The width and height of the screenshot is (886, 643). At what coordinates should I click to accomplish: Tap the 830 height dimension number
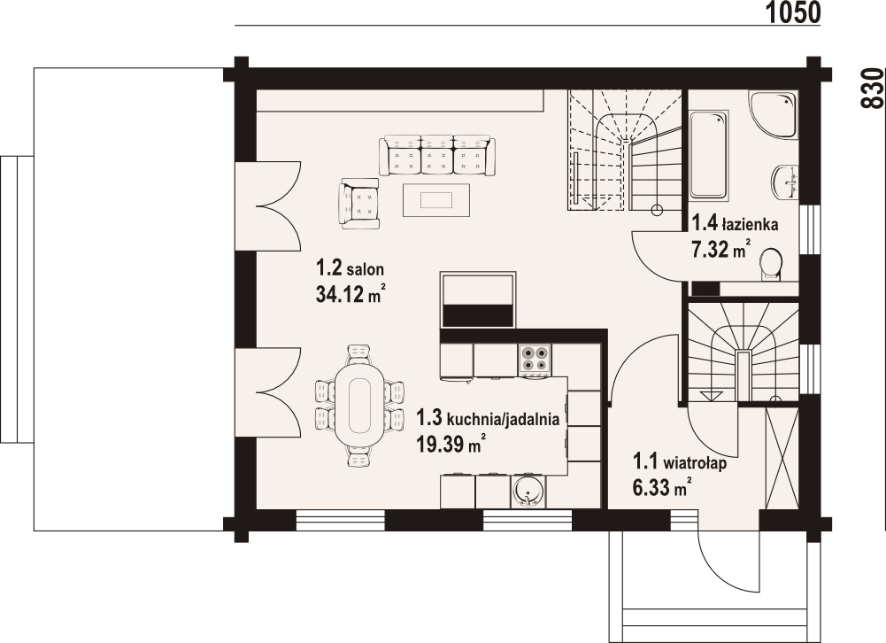tap(874, 88)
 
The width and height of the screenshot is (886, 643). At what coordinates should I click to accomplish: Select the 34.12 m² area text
tap(351, 296)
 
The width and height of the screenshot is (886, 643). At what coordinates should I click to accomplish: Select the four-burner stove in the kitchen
tap(535, 358)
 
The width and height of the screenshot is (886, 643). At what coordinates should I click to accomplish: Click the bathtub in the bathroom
tap(709, 154)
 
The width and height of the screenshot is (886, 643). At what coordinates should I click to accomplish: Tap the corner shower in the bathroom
tap(774, 115)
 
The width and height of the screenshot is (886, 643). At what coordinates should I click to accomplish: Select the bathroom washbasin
tap(786, 182)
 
